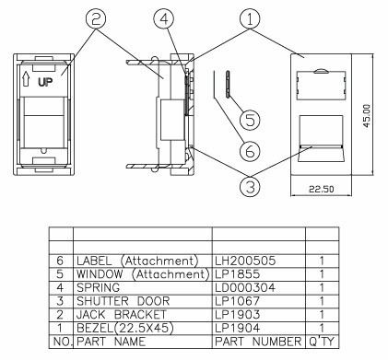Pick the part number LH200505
coord(246,261)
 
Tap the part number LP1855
coord(238,273)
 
